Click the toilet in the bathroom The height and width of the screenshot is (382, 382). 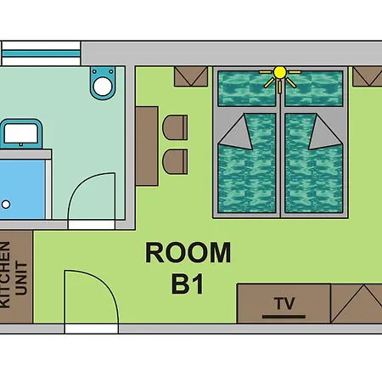103,82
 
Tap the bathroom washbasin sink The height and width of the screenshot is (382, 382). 21,134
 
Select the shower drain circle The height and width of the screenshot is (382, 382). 6,204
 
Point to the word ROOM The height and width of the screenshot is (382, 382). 188,252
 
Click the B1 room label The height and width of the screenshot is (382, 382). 188,284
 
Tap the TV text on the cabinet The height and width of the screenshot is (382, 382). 284,303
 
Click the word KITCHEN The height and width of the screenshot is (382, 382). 5,275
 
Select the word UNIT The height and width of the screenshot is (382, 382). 21,278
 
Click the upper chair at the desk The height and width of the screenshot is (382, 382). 175,127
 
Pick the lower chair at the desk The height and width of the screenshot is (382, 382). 175,161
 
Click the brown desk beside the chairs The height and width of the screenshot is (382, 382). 147,146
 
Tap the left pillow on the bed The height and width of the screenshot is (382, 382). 247,88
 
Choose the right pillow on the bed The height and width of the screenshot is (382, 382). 314,88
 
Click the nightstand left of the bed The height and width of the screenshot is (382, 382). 191,76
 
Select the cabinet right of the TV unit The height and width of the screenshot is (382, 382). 357,304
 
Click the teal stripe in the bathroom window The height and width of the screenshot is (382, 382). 41,53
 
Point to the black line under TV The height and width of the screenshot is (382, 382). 284,317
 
